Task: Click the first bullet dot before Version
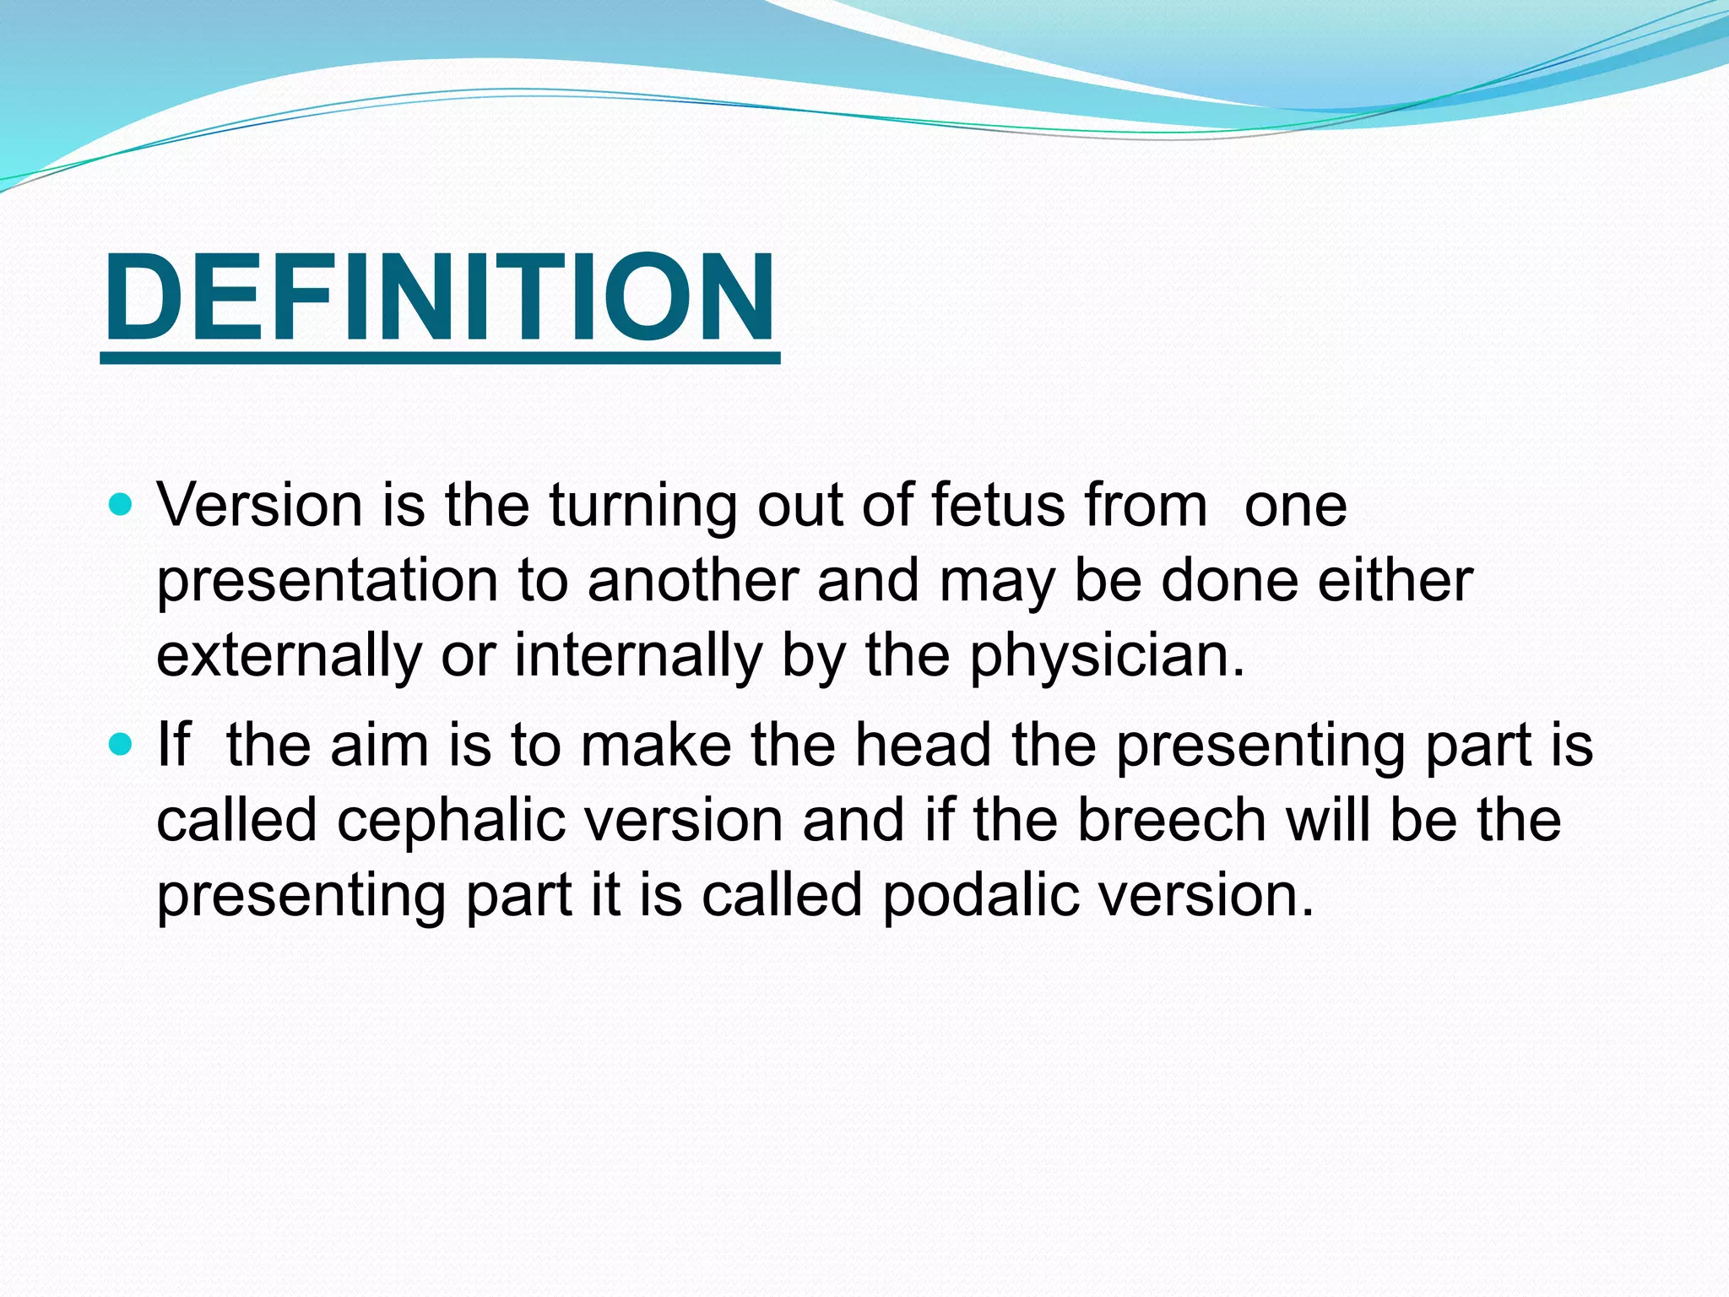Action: pos(122,506)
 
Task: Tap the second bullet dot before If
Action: pos(122,745)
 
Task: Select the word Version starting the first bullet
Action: pos(260,506)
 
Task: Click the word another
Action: pos(692,581)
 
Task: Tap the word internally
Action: pos(638,657)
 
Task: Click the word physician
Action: pos(1106,657)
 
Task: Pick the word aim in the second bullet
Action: pos(379,746)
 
